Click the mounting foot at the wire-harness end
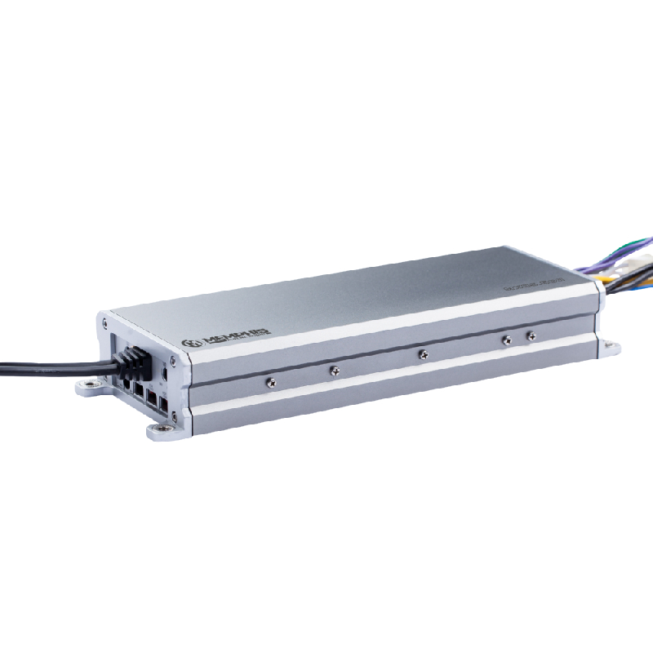pos(609,349)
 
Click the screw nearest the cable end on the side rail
pos(271,381)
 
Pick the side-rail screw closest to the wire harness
pos(531,335)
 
